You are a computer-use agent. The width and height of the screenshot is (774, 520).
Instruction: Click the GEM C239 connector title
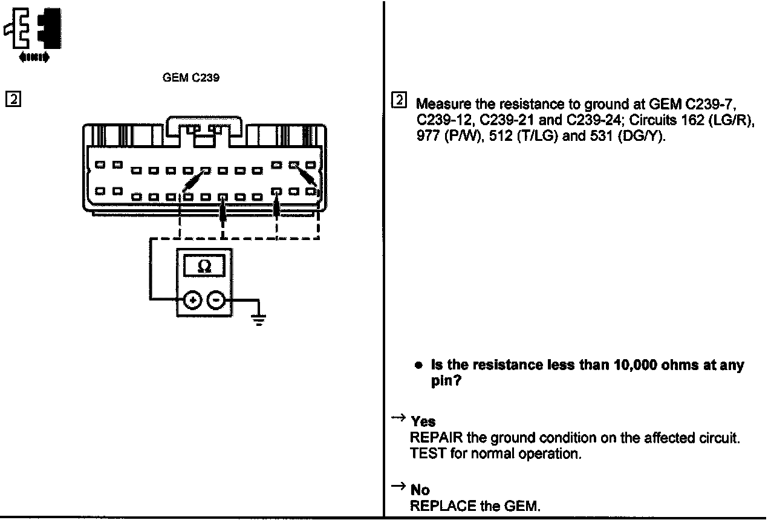tap(190, 78)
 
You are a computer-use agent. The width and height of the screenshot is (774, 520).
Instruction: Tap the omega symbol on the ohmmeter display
tap(204, 267)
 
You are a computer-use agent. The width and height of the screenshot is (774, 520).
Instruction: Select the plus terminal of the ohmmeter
tap(192, 299)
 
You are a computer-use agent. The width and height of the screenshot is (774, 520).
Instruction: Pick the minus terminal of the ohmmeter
tap(217, 299)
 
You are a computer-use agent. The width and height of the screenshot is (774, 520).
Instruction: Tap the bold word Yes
tap(423, 422)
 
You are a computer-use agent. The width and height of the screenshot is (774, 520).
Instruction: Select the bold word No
tap(420, 490)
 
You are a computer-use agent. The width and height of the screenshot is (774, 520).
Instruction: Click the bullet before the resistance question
tap(418, 366)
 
